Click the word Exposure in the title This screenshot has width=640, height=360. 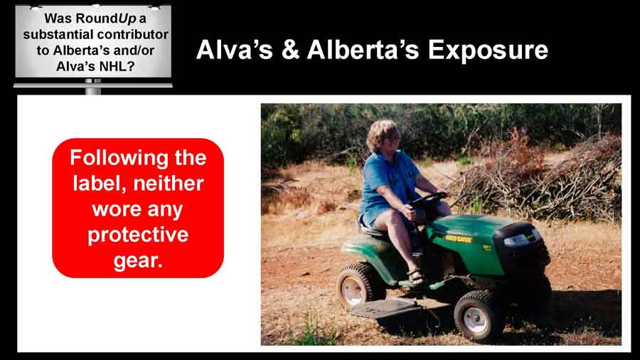(x=488, y=51)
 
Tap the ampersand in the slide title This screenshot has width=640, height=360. (x=290, y=50)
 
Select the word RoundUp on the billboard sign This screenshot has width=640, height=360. (x=106, y=18)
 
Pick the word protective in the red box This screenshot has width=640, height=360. (x=138, y=235)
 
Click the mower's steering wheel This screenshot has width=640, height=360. (x=429, y=198)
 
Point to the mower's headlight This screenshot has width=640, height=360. (x=517, y=240)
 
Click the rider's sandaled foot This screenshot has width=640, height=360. (x=415, y=276)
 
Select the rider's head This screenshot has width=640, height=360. (x=383, y=136)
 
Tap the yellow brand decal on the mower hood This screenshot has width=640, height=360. (x=457, y=238)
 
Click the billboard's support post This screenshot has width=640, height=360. (x=93, y=86)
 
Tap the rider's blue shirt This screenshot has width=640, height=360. (x=387, y=184)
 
